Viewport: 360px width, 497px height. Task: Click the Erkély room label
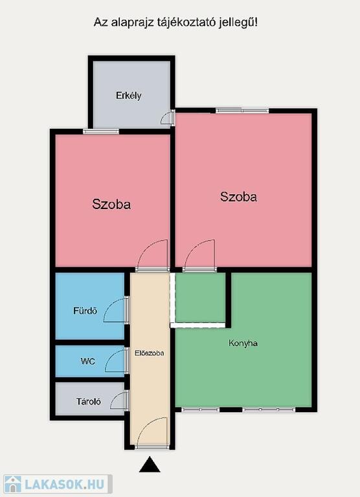[x=128, y=96]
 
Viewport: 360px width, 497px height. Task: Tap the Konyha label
[x=243, y=343]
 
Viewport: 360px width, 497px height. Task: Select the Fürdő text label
[x=85, y=311]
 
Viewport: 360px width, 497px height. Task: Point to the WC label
[x=88, y=361]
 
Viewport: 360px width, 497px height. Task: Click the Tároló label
[x=89, y=402]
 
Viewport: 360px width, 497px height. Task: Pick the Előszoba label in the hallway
[x=150, y=353]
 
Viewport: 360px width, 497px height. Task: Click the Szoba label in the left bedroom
[x=111, y=204]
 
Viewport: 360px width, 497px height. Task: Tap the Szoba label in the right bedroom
[x=238, y=197]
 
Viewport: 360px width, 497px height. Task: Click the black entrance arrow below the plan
[x=150, y=465]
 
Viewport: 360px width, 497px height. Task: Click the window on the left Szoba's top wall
[x=101, y=131]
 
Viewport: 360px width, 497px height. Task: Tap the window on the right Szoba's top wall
[x=242, y=111]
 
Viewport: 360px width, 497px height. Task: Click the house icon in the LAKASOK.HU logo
[x=13, y=484]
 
